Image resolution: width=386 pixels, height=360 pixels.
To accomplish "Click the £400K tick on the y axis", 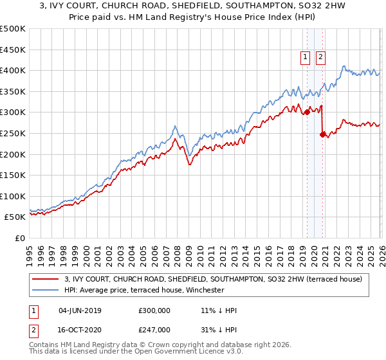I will point(13,71).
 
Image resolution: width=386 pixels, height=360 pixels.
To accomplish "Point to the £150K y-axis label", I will point(13,175).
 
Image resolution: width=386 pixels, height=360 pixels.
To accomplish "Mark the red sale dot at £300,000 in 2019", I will point(307,112).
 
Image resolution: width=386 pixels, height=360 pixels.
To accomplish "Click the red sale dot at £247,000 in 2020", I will point(322,134).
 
